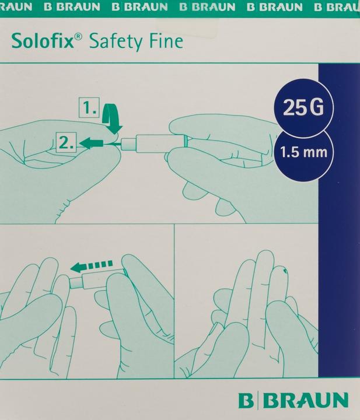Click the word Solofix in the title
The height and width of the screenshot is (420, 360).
point(43,42)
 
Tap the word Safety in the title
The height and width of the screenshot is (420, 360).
point(115,43)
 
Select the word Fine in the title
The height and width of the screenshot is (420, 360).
point(166,41)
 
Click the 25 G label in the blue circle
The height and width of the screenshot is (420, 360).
point(303,107)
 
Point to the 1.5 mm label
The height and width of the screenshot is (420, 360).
point(303,152)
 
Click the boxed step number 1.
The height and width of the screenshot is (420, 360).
point(89,108)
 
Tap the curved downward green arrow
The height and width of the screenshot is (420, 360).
point(111,119)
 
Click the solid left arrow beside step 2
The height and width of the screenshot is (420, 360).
point(92,143)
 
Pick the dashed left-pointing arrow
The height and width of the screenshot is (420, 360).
point(92,266)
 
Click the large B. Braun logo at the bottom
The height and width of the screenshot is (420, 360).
point(293,400)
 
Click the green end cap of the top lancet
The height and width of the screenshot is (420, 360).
point(185,141)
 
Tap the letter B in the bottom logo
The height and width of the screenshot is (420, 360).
point(246,400)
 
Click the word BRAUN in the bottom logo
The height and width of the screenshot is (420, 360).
point(306,400)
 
